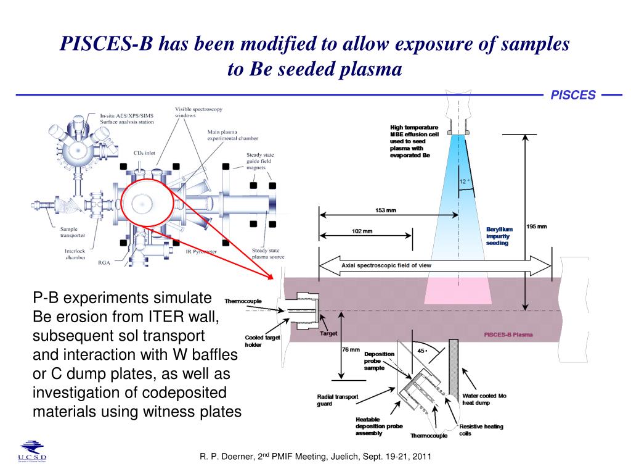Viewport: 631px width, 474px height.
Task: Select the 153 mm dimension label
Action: tap(386, 210)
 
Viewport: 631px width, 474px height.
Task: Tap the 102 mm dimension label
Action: tap(362, 231)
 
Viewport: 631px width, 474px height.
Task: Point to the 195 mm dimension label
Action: tap(537, 227)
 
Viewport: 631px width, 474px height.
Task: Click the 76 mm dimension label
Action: tap(351, 350)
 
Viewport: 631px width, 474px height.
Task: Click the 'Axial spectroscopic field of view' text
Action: tap(386, 265)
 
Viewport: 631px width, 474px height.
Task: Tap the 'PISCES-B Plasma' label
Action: tap(508, 335)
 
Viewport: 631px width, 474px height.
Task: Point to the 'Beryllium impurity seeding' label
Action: tap(499, 236)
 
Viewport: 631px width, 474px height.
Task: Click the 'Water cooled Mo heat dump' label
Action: tap(484, 399)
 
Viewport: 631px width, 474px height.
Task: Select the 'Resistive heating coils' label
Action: tap(481, 430)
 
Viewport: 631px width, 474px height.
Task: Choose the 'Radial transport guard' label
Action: tap(337, 400)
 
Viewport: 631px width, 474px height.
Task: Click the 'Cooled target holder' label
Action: tap(263, 341)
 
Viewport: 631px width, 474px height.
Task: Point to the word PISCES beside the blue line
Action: tap(572, 95)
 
